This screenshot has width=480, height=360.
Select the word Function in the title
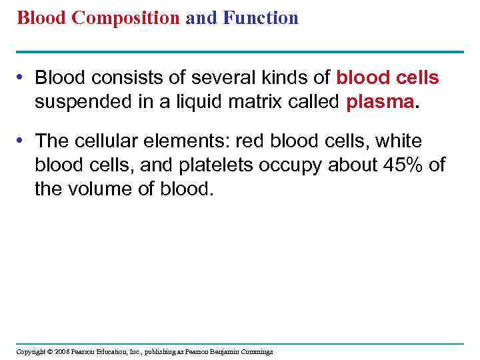coord(262,18)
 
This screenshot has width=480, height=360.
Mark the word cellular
coord(101,141)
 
